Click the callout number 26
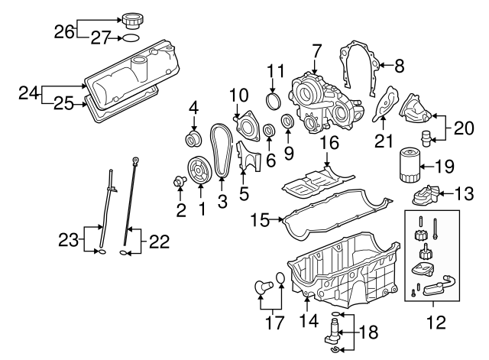click(65, 31)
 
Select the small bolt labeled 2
click(180, 181)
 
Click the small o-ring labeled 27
click(131, 37)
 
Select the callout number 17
click(273, 323)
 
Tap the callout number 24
click(28, 93)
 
